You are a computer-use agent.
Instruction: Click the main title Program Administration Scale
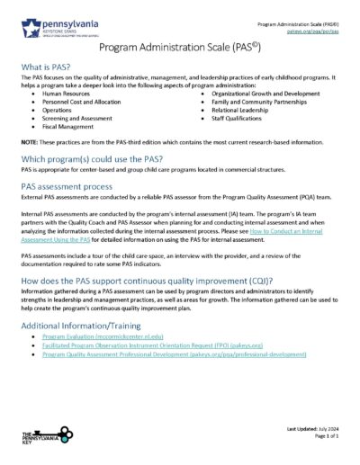(x=179, y=45)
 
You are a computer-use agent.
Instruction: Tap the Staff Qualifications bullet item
(x=238, y=119)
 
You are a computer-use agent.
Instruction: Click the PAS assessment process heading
(x=75, y=185)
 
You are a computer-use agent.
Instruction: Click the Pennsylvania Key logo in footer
(x=42, y=440)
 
